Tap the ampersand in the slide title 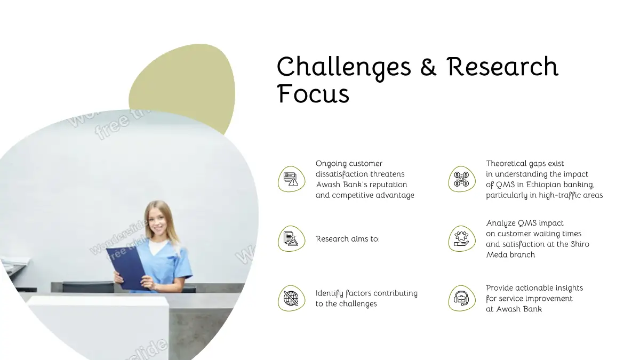pyautogui.click(x=428, y=67)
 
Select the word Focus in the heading pyautogui.click(x=313, y=93)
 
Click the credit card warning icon pyautogui.click(x=291, y=179)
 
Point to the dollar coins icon pyautogui.click(x=461, y=179)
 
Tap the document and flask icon pyautogui.click(x=291, y=238)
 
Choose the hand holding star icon pyautogui.click(x=461, y=239)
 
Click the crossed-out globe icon pyautogui.click(x=291, y=298)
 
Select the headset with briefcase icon pyautogui.click(x=461, y=298)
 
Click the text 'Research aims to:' pyautogui.click(x=347, y=239)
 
